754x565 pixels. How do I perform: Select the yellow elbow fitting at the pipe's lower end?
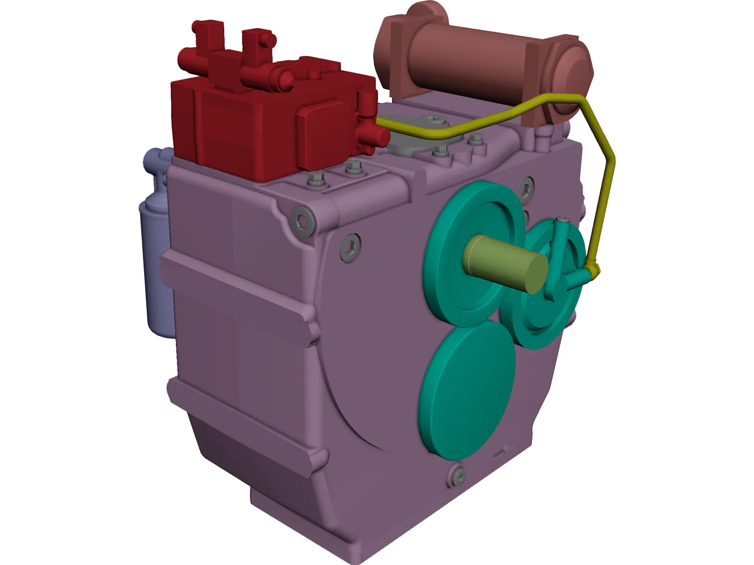click(593, 270)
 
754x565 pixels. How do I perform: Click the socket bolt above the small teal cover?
click(526, 187)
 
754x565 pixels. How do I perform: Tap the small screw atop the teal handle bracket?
click(563, 220)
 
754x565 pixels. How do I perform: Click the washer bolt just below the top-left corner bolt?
click(350, 246)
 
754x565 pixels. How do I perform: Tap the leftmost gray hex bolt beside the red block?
click(314, 179)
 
